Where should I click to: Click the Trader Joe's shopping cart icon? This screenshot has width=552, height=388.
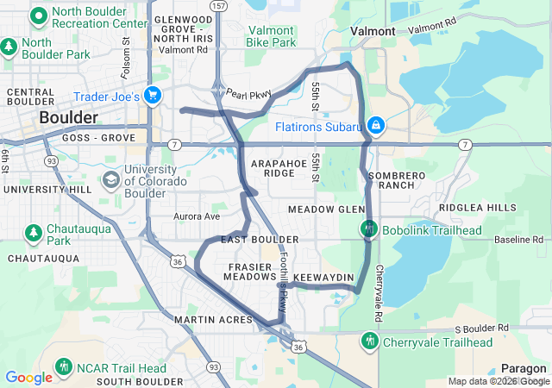(154, 96)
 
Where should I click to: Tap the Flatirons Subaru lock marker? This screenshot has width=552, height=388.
(375, 126)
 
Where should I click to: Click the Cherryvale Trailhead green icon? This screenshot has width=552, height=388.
(369, 341)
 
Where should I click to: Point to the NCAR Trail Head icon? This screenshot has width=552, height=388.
(64, 367)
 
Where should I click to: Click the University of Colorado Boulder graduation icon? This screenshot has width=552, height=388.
(111, 179)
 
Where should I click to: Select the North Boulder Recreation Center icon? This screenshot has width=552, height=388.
(38, 16)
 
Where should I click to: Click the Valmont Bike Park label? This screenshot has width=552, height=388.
(270, 35)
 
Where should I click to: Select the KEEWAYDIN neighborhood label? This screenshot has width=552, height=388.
(323, 277)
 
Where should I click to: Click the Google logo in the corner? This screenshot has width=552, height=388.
(28, 377)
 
